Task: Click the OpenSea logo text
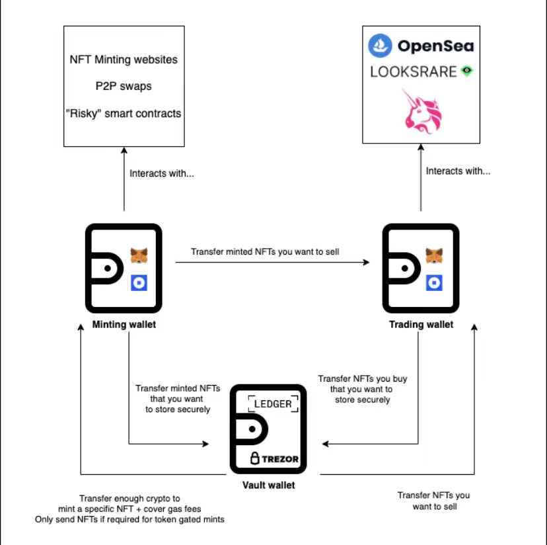[x=435, y=46]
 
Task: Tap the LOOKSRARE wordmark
[x=414, y=71]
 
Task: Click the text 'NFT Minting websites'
[x=124, y=60]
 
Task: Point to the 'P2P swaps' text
[x=124, y=87]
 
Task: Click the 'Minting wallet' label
[x=124, y=325]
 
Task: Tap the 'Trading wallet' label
[x=421, y=325]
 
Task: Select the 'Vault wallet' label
[x=268, y=485]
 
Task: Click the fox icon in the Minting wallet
[x=139, y=255]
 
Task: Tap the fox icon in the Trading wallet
[x=434, y=255]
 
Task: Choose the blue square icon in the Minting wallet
[x=139, y=283]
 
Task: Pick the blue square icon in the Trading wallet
[x=434, y=283]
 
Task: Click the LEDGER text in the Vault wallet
[x=273, y=404]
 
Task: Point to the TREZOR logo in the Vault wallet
[x=274, y=459]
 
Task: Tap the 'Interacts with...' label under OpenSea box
[x=458, y=171]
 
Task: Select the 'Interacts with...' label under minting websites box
[x=162, y=174]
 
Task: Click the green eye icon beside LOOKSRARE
[x=467, y=71]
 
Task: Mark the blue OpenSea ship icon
[x=381, y=46]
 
